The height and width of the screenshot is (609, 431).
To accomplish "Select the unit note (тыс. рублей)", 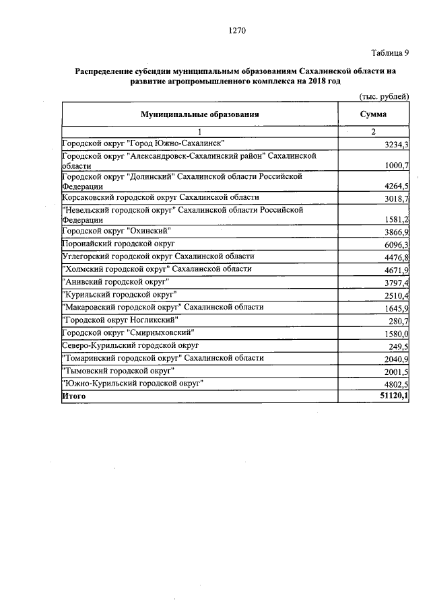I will pyautogui.click(x=385, y=97).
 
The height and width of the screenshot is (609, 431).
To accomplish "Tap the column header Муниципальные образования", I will pyautogui.click(x=199, y=115).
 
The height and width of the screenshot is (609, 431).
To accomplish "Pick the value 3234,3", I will pyautogui.click(x=395, y=145).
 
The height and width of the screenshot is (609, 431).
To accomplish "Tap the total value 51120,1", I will pyautogui.click(x=393, y=397).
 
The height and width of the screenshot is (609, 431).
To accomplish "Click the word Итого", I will pyautogui.click(x=74, y=396).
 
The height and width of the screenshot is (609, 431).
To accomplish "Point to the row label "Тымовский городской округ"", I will pyautogui.click(x=119, y=371).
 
